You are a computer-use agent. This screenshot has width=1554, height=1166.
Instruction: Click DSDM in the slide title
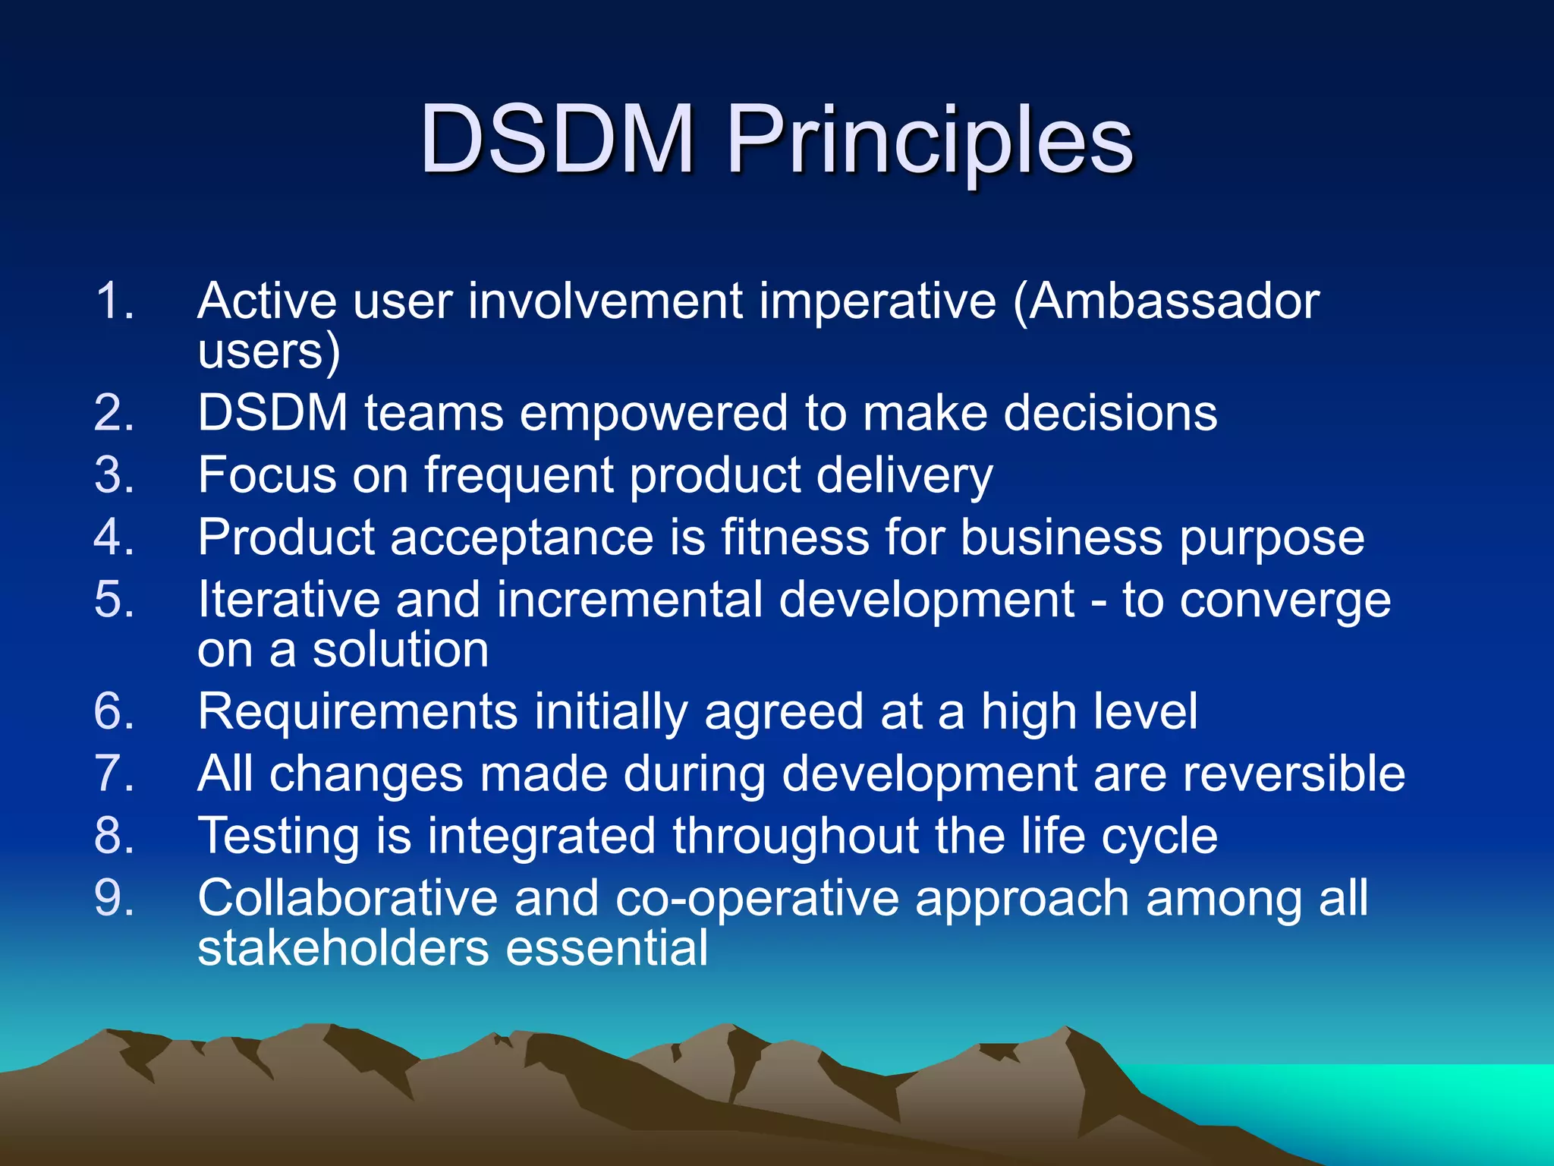point(556,140)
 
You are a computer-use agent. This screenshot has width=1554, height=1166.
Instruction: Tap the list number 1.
point(114,301)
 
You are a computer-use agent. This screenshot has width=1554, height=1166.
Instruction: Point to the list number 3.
point(114,476)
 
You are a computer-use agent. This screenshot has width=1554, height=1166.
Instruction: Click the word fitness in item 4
point(794,537)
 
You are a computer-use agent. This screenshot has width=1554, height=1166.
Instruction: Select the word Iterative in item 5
point(288,600)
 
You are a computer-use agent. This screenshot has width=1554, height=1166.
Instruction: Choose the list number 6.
point(114,712)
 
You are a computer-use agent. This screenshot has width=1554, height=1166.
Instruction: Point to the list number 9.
point(114,899)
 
